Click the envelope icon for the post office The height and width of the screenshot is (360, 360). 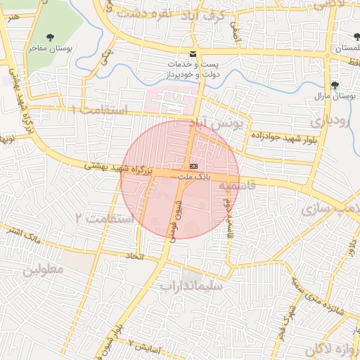[x=193, y=55]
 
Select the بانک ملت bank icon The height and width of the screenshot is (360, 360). [x=193, y=165]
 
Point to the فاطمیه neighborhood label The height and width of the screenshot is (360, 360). [x=234, y=186]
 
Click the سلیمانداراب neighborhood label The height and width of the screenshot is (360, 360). [x=191, y=286]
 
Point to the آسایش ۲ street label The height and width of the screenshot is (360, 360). [x=146, y=347]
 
